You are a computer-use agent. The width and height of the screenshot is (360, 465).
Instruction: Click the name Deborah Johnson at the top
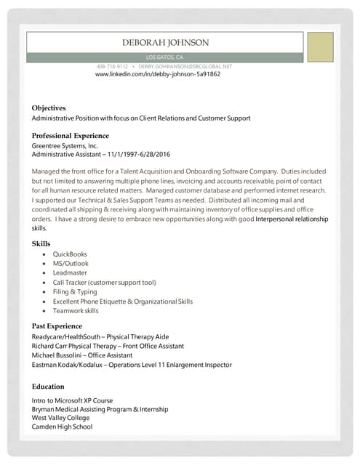pyautogui.click(x=165, y=43)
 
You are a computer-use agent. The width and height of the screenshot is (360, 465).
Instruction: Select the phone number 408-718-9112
pyautogui.click(x=112, y=66)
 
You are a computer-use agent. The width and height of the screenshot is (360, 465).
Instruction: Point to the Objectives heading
pyautogui.click(x=49, y=108)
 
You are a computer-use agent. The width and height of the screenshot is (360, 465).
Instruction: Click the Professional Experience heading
pyautogui.click(x=71, y=136)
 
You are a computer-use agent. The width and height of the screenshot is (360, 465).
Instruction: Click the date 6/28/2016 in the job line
pyautogui.click(x=152, y=154)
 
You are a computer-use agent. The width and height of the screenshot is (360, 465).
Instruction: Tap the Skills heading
pyautogui.click(x=41, y=243)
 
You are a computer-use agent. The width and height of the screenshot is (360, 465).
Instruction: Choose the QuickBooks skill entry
pyautogui.click(x=70, y=254)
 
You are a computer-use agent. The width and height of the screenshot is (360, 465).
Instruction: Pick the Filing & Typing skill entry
pyautogui.click(x=75, y=291)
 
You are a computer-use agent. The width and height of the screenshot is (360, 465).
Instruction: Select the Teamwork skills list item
pyautogui.click(x=76, y=310)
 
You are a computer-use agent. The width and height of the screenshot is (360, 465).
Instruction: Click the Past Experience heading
pyautogui.click(x=57, y=326)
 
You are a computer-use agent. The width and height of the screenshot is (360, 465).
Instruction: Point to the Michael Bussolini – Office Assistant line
pyautogui.click(x=82, y=355)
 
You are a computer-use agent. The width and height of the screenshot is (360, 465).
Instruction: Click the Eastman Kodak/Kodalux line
pyautogui.click(x=132, y=365)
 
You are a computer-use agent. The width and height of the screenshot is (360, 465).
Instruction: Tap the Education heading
pyautogui.click(x=48, y=387)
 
